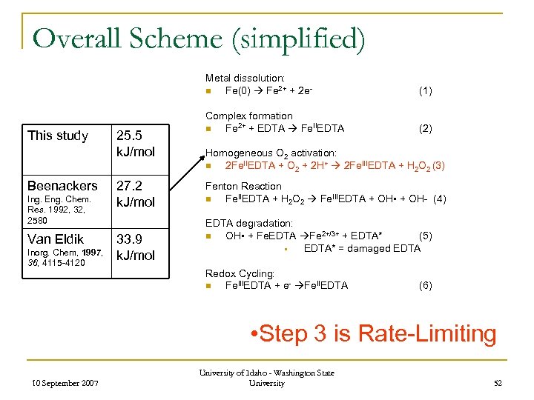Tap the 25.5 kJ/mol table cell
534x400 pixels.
[x=134, y=144]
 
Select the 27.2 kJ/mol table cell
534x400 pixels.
[x=134, y=193]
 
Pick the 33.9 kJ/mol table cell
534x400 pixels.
[x=134, y=247]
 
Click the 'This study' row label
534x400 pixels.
[x=58, y=136]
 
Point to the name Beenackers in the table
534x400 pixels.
[x=62, y=185]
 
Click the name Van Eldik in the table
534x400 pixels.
[x=56, y=239]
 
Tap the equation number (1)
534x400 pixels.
[x=425, y=90]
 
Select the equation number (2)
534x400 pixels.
[x=425, y=128]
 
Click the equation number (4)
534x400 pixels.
[x=439, y=199]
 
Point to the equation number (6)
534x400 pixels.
[x=425, y=285]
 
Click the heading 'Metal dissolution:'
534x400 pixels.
[x=245, y=78]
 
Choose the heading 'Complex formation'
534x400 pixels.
[x=248, y=116]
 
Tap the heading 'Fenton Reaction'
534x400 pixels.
[x=243, y=186]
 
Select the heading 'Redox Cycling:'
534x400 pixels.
[x=239, y=273]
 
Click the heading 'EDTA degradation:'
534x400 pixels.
[x=248, y=223]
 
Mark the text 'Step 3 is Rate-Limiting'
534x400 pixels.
[x=374, y=333]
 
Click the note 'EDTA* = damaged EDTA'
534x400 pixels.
[x=362, y=248]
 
